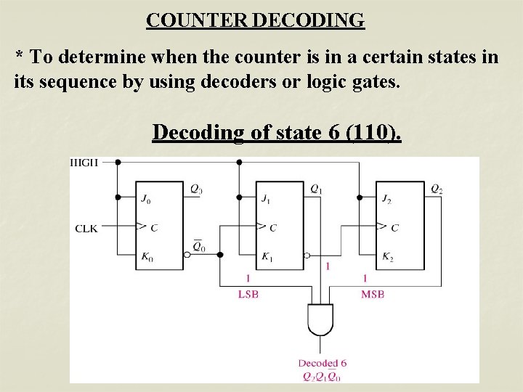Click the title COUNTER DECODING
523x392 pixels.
pyautogui.click(x=255, y=20)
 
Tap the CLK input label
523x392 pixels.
pyautogui.click(x=86, y=228)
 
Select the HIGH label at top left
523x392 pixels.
pyautogui.click(x=84, y=162)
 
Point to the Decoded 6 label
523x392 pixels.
pyautogui.click(x=322, y=363)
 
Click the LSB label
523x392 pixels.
pyautogui.click(x=248, y=294)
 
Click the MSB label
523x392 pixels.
pyautogui.click(x=372, y=294)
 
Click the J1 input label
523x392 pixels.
pyautogui.click(x=267, y=198)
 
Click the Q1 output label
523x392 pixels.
pyautogui.click(x=317, y=189)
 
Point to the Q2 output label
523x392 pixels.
pyautogui.click(x=437, y=189)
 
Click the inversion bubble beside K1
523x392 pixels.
pyautogui.click(x=307, y=256)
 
